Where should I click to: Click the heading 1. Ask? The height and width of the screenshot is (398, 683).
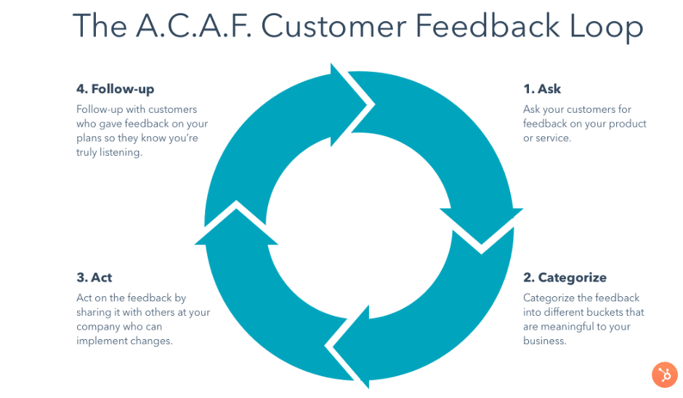[x=542, y=89]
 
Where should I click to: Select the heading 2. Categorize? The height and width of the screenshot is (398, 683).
[x=565, y=277]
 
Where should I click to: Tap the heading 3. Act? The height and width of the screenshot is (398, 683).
[x=94, y=277]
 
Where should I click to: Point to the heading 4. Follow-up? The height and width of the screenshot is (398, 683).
[x=115, y=89]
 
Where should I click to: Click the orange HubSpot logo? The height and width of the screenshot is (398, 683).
[x=665, y=375]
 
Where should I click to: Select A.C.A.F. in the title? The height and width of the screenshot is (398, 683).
[x=194, y=25]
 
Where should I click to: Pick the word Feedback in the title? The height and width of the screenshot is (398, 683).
[x=488, y=25]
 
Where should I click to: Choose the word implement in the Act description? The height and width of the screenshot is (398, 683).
[x=97, y=341]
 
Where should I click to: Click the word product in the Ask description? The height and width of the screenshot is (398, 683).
[x=628, y=124]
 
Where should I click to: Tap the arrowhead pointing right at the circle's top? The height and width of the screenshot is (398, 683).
[x=352, y=105]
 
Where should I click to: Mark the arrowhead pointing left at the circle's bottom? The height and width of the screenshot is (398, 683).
[x=347, y=346]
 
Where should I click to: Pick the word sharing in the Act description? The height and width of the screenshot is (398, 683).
[x=94, y=312]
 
